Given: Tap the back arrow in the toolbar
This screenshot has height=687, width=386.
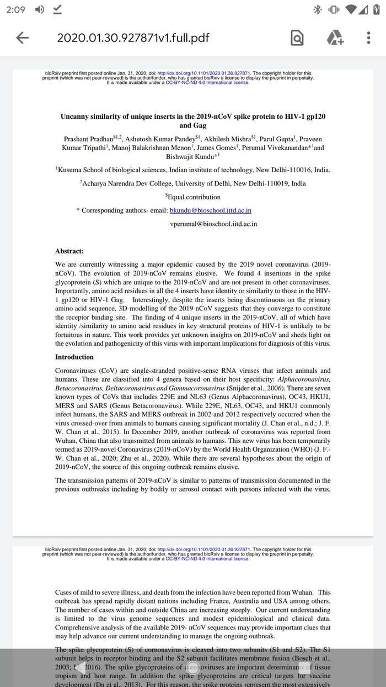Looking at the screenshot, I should [x=23, y=38].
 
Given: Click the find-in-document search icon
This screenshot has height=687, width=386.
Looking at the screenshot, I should [x=297, y=38].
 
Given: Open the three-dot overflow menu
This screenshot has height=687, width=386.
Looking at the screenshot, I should [x=368, y=38].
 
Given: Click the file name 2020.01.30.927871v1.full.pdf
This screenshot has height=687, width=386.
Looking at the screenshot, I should [x=133, y=38].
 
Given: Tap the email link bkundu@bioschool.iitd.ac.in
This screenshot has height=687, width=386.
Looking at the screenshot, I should [x=210, y=210].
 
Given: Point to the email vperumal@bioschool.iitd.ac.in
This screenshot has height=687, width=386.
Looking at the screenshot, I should [x=213, y=224].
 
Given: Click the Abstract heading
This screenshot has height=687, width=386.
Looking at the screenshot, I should [x=69, y=251].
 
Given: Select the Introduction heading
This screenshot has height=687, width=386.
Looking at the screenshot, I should [x=74, y=357].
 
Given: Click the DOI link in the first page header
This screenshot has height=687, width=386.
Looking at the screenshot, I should [x=204, y=73].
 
